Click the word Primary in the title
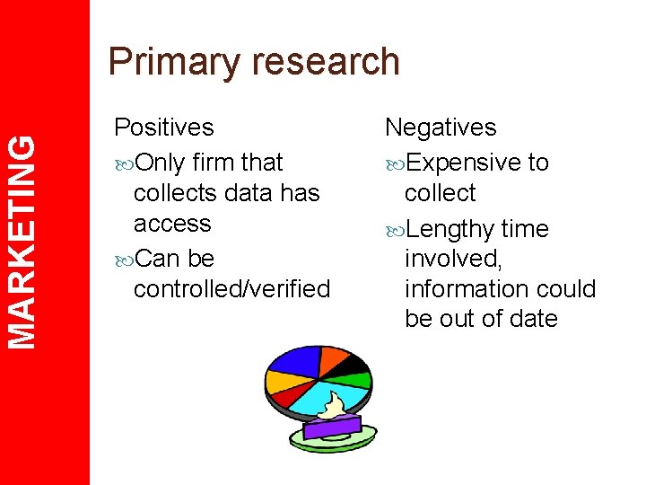click(x=168, y=63)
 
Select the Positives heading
click(x=164, y=128)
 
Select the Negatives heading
click(x=441, y=128)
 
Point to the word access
click(x=172, y=223)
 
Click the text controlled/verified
click(x=231, y=288)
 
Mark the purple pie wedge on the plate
click(x=332, y=428)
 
